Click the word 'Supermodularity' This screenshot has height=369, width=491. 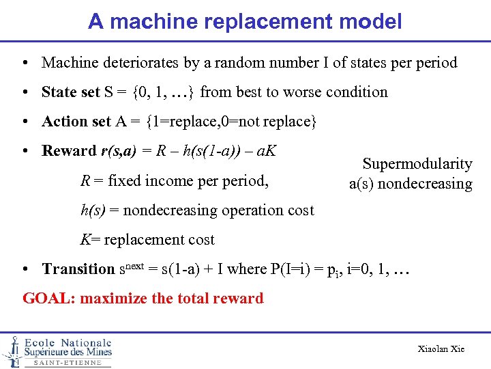pos(417,164)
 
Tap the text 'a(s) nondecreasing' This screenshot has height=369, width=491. pos(411,184)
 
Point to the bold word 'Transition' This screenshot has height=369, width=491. pos(78,269)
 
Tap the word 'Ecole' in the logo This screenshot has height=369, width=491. pos(40,342)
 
